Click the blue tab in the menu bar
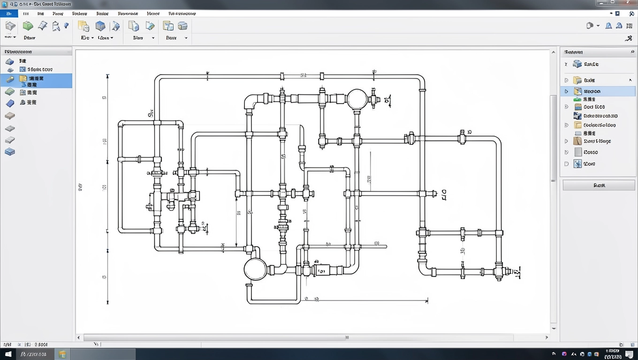(x=9, y=14)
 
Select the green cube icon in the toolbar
(x=28, y=26)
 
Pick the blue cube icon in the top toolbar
(x=100, y=26)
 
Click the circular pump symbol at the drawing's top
(x=357, y=99)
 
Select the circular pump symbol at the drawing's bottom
(x=255, y=269)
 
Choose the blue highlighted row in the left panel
(x=36, y=81)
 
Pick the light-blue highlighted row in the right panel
(x=598, y=91)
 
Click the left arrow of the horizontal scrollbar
(x=79, y=337)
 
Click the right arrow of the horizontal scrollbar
(x=547, y=337)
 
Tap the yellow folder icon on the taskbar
(x=62, y=354)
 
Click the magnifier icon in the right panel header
(x=632, y=52)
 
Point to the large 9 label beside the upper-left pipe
(x=151, y=113)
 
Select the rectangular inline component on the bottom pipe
(x=322, y=270)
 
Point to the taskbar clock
(x=612, y=353)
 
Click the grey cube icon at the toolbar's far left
(x=10, y=26)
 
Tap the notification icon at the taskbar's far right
(x=629, y=354)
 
